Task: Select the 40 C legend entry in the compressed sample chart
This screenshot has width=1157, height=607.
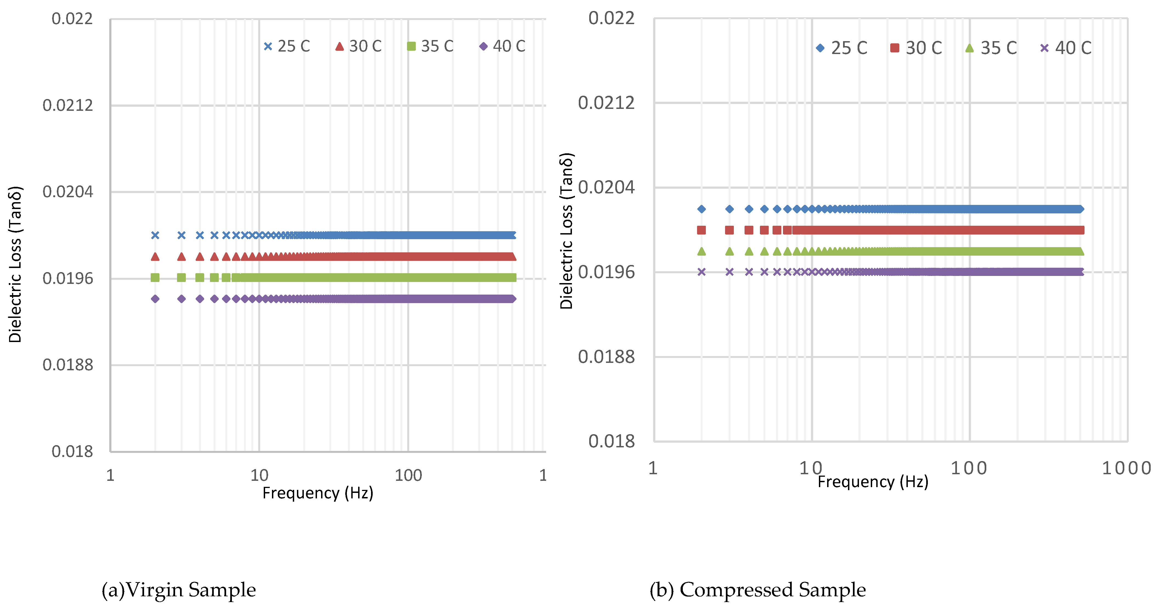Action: [x=1065, y=48]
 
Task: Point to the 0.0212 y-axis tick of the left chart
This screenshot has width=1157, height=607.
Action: [x=68, y=106]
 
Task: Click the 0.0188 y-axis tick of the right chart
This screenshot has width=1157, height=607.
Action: [x=606, y=357]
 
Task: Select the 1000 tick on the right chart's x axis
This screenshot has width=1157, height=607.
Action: [x=1127, y=468]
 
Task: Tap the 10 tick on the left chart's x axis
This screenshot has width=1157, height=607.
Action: [x=259, y=475]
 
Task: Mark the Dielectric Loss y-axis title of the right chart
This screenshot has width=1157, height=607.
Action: [x=566, y=231]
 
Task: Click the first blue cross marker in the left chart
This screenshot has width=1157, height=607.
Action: [x=155, y=235]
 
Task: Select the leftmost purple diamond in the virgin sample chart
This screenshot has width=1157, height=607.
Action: [x=155, y=299]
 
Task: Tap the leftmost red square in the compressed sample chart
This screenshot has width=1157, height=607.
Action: [x=701, y=230]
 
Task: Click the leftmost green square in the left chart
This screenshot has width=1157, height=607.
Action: [x=155, y=278]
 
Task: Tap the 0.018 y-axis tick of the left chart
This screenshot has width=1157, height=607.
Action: [x=72, y=451]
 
